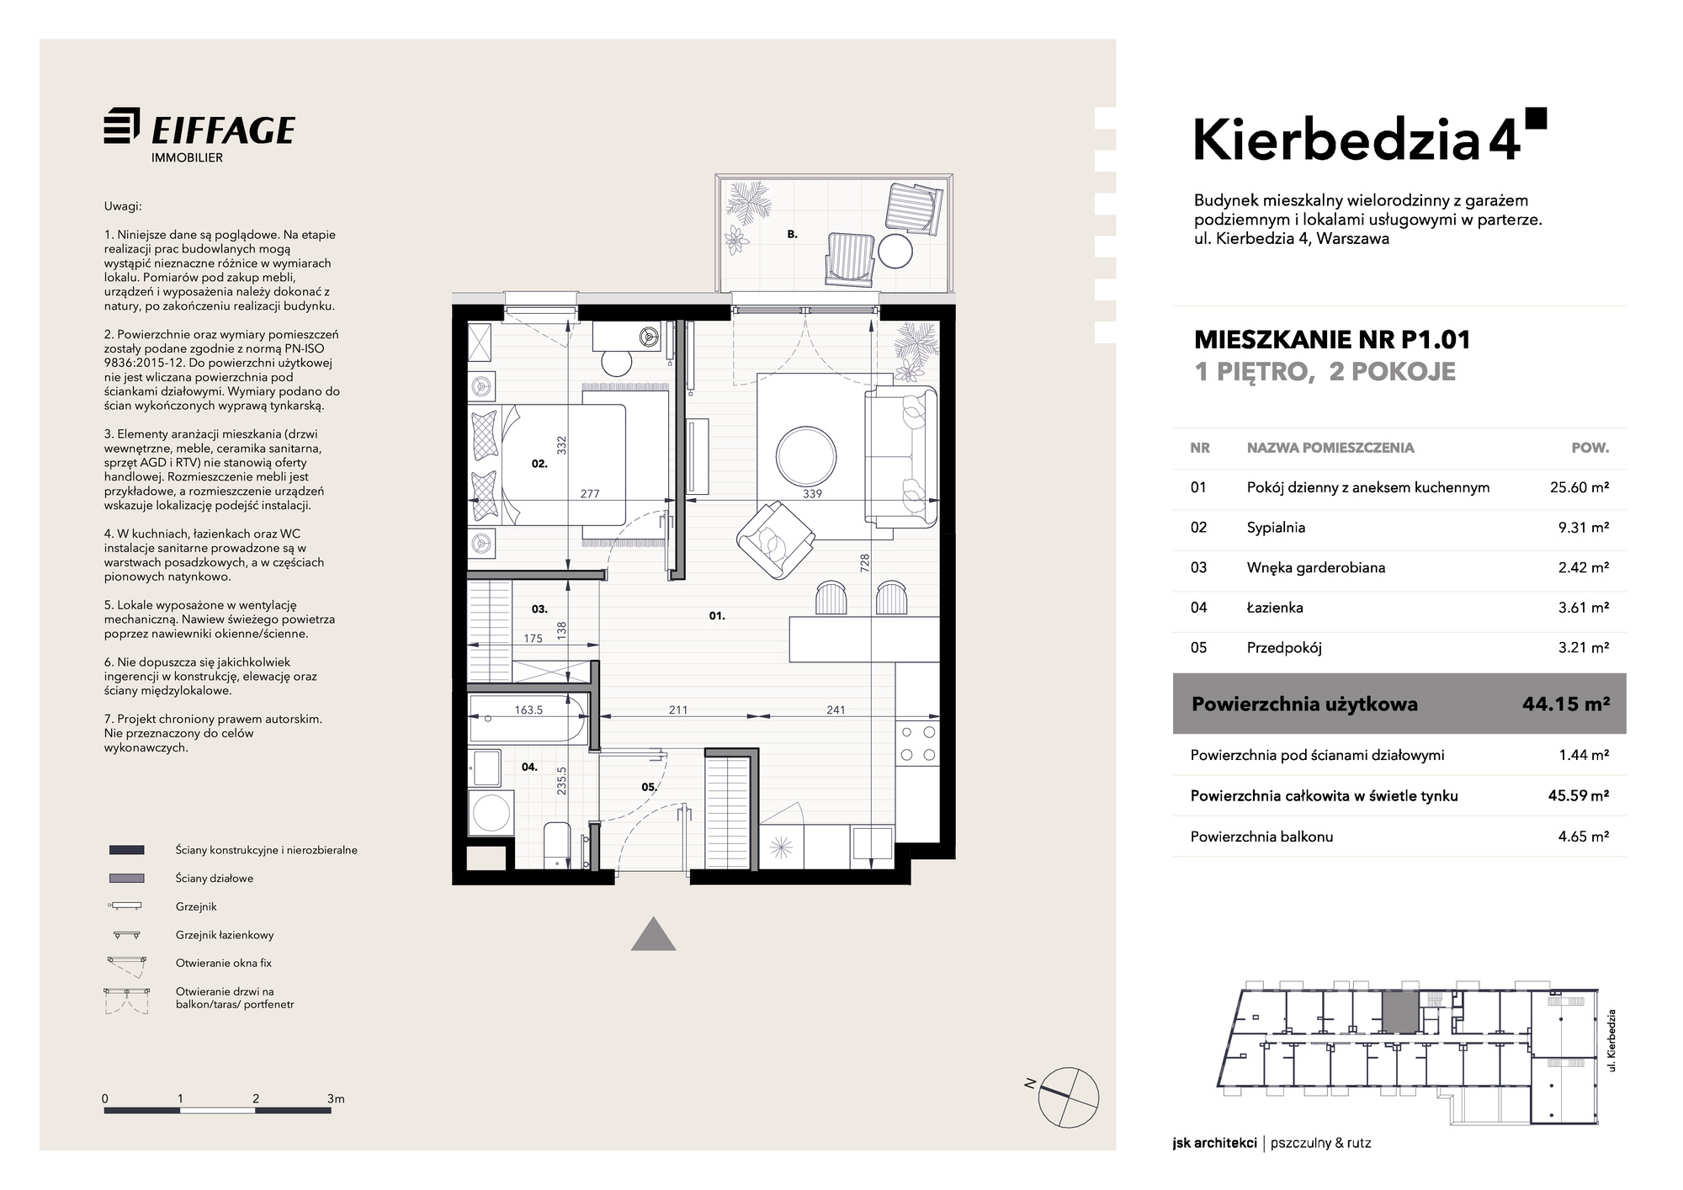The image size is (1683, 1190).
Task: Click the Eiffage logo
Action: click(199, 135)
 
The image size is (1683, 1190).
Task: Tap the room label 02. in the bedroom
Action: click(539, 463)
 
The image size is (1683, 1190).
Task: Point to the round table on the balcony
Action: click(895, 250)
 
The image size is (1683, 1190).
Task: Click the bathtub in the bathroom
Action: click(529, 719)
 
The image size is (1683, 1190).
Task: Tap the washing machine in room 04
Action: click(491, 813)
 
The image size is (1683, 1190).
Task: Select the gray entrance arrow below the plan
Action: click(654, 933)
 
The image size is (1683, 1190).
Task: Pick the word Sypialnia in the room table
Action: click(1276, 528)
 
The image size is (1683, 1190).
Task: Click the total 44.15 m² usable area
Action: click(1566, 704)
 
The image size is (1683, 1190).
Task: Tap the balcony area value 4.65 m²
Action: click(1584, 837)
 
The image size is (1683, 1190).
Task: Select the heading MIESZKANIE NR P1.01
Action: click(1332, 340)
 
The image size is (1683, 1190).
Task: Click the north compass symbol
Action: click(1069, 1096)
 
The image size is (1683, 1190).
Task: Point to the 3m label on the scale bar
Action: click(336, 1098)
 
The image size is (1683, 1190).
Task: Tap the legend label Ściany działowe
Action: click(214, 879)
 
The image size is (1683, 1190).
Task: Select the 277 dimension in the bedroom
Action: click(590, 494)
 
